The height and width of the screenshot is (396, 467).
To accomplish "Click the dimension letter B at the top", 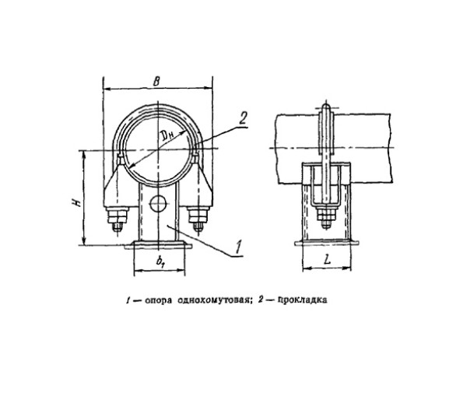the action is click(x=156, y=81).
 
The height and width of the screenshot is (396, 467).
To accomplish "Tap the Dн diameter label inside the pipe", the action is click(x=168, y=136).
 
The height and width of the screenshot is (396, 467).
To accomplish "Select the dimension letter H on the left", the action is click(x=76, y=202).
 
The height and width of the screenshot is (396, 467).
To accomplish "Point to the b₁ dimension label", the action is click(x=160, y=261).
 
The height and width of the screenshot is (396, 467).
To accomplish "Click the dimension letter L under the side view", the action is click(x=327, y=260).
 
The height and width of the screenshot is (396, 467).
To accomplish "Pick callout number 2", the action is click(x=242, y=119).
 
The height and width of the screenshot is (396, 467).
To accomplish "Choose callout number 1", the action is click(x=238, y=247).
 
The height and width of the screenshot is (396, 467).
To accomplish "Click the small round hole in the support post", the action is click(x=158, y=204).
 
